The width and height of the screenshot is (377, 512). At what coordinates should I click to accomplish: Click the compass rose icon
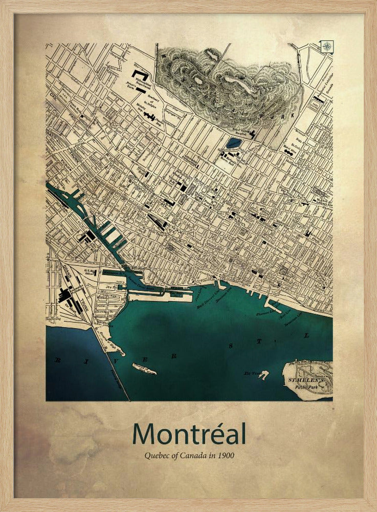pos(326,47)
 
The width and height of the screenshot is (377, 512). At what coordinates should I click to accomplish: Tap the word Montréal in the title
pos(189,434)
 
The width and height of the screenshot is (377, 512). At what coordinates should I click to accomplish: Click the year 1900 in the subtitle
pos(226,455)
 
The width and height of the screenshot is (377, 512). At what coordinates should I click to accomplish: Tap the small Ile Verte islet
pos(263,375)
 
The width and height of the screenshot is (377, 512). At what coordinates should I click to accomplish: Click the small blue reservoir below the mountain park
pos(234,142)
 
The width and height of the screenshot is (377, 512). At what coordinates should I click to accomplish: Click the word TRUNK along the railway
pos(78,303)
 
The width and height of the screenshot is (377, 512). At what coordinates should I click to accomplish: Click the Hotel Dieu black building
pos(290,152)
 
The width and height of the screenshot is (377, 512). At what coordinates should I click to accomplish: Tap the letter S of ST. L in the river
pos(231,347)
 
